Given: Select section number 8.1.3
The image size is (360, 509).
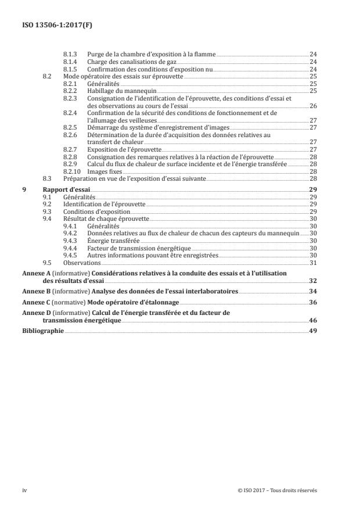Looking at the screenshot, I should [69, 54].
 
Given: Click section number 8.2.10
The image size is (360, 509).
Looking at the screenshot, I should [71, 172].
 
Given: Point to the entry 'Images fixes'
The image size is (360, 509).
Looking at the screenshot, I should [103, 172].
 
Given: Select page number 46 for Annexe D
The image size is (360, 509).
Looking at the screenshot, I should [313, 320].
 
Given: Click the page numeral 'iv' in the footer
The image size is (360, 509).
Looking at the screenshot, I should [24, 490].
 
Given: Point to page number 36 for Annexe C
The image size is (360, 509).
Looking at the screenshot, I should [313, 303].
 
